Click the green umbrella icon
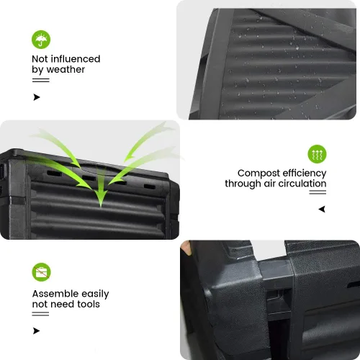tap(41, 40)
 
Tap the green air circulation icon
tap(317, 154)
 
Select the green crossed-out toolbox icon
tap(41, 272)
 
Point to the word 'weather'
tap(66, 70)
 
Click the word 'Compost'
tap(258, 174)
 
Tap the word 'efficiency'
tap(305, 174)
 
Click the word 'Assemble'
tap(55, 294)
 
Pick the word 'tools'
tap(89, 304)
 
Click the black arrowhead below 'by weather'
tap(37, 97)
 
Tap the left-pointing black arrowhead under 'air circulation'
tap(322, 209)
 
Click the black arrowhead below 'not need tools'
tap(36, 330)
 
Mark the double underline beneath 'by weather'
tap(41, 80)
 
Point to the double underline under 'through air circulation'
tap(318, 192)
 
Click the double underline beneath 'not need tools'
tap(40, 314)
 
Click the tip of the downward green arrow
tap(101, 207)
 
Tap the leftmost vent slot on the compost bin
tap(54, 174)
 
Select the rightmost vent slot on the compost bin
tap(150, 186)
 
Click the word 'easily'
tap(95, 294)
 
